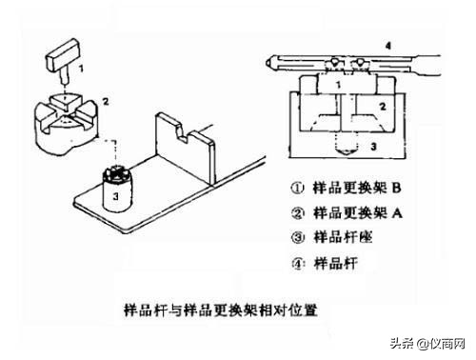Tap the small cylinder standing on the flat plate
(115, 190)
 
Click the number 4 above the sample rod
(387, 44)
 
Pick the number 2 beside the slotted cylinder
(107, 100)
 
